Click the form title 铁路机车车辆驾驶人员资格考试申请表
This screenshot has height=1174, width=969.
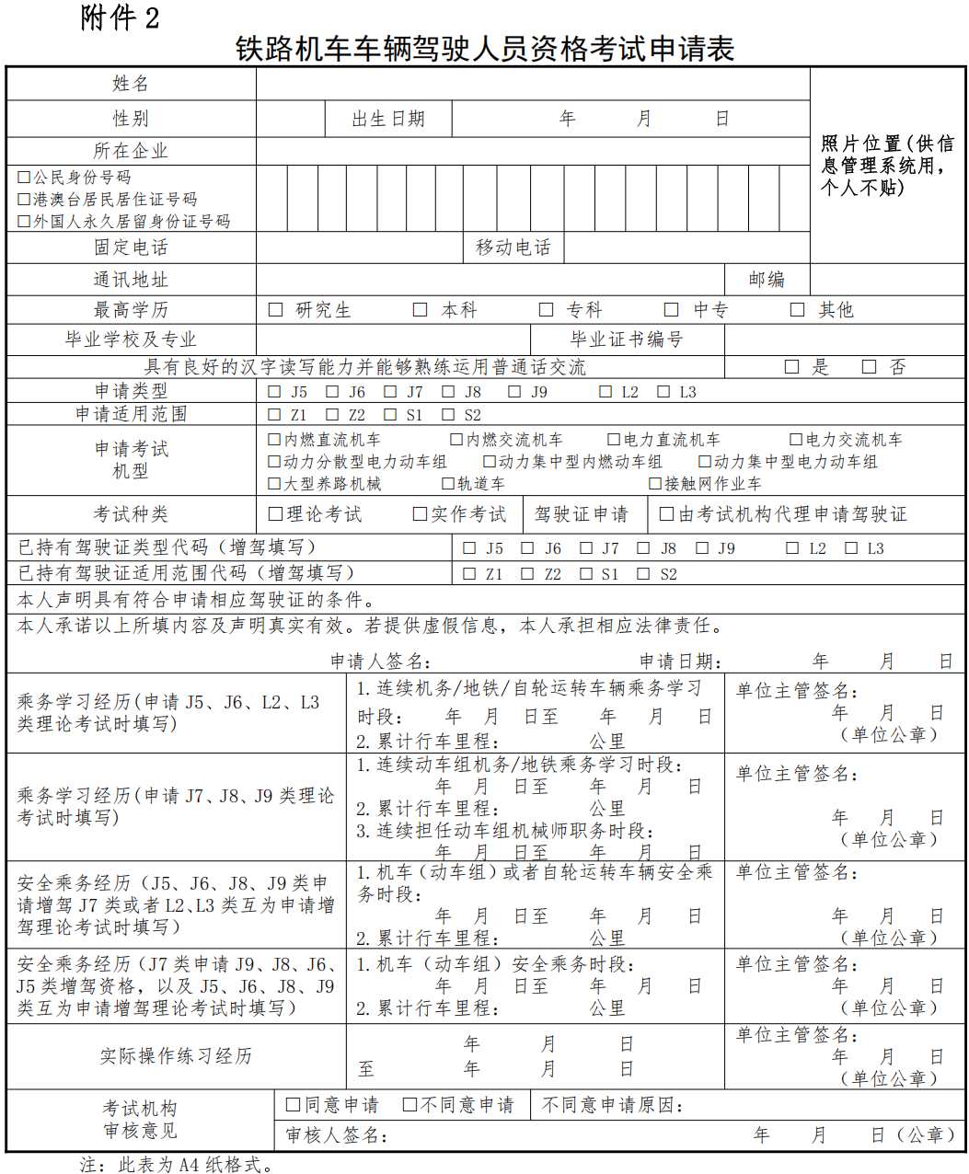click(x=485, y=49)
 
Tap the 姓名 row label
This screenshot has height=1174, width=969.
click(x=131, y=84)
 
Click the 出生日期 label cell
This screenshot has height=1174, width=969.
click(x=388, y=119)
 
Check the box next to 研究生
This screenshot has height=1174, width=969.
click(x=275, y=310)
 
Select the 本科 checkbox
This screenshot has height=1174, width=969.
click(x=421, y=310)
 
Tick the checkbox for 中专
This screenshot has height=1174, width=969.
click(x=672, y=310)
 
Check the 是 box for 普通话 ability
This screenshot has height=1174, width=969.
click(x=791, y=367)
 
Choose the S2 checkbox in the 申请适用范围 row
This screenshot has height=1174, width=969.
click(x=449, y=415)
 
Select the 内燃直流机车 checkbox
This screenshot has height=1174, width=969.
click(x=274, y=440)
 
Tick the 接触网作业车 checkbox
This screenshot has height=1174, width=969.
click(x=655, y=483)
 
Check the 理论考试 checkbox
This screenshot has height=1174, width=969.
click(x=275, y=514)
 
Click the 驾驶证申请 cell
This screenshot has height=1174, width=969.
click(x=582, y=514)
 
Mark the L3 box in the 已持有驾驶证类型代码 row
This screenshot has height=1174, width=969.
click(x=851, y=548)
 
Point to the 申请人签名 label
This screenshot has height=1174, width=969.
click(x=380, y=662)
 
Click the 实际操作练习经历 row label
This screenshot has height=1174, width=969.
click(x=176, y=1056)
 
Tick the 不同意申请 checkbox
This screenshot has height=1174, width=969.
click(x=410, y=1104)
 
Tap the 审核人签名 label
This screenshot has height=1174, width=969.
click(x=336, y=1135)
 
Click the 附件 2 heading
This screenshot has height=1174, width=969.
click(x=120, y=17)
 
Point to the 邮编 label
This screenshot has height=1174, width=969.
click(x=767, y=280)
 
